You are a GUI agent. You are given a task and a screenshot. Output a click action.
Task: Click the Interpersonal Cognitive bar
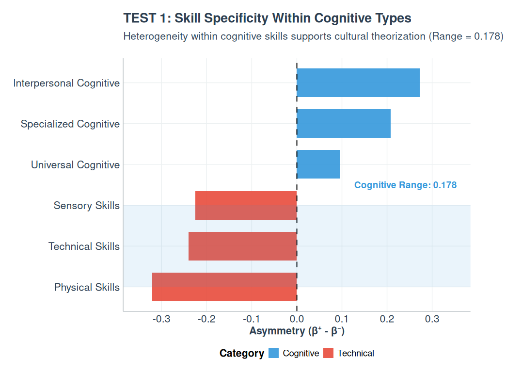pyautogui.click(x=358, y=82)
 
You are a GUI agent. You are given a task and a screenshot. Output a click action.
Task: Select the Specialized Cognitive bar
pyautogui.click(x=344, y=123)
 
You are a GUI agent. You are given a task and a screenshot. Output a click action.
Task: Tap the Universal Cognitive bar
pyautogui.click(x=318, y=164)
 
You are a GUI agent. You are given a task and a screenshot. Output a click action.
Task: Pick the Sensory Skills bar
pyautogui.click(x=246, y=205)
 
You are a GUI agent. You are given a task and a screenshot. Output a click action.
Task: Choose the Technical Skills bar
pyautogui.click(x=242, y=246)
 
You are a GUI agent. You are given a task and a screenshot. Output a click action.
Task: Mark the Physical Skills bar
pyautogui.click(x=224, y=287)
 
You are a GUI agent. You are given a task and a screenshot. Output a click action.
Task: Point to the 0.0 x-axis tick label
pyautogui.click(x=297, y=319)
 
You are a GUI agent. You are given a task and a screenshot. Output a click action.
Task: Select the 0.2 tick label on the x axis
pyautogui.click(x=387, y=319)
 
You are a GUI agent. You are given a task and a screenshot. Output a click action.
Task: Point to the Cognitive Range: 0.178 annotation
pyautogui.click(x=405, y=185)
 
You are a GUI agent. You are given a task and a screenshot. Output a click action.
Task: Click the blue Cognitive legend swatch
pyautogui.click(x=273, y=353)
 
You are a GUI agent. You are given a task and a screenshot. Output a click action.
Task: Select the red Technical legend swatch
pyautogui.click(x=328, y=353)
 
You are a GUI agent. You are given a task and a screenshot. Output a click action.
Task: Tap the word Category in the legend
pyautogui.click(x=241, y=353)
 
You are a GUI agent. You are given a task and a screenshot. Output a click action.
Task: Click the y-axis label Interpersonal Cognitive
pyautogui.click(x=66, y=83)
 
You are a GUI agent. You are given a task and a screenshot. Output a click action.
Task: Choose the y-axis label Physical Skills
pyautogui.click(x=87, y=287)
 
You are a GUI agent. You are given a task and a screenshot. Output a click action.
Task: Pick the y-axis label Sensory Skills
pyautogui.click(x=86, y=206)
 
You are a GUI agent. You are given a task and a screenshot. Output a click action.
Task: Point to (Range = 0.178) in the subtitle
pyautogui.click(x=466, y=36)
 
